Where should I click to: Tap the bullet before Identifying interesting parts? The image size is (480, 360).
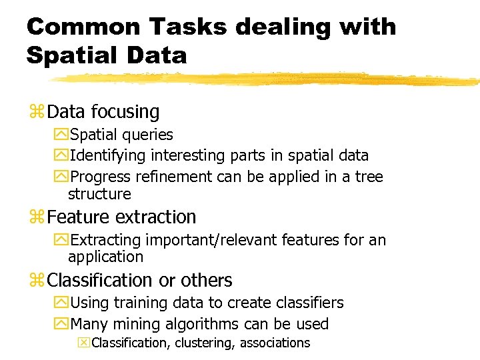click(61, 156)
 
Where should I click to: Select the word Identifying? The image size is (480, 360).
click(108, 156)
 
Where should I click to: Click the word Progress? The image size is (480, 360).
click(100, 177)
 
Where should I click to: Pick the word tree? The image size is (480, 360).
click(369, 177)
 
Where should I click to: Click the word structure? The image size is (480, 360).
click(99, 195)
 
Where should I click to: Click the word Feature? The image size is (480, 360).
click(79, 217)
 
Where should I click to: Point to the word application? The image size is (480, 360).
click(105, 257)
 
